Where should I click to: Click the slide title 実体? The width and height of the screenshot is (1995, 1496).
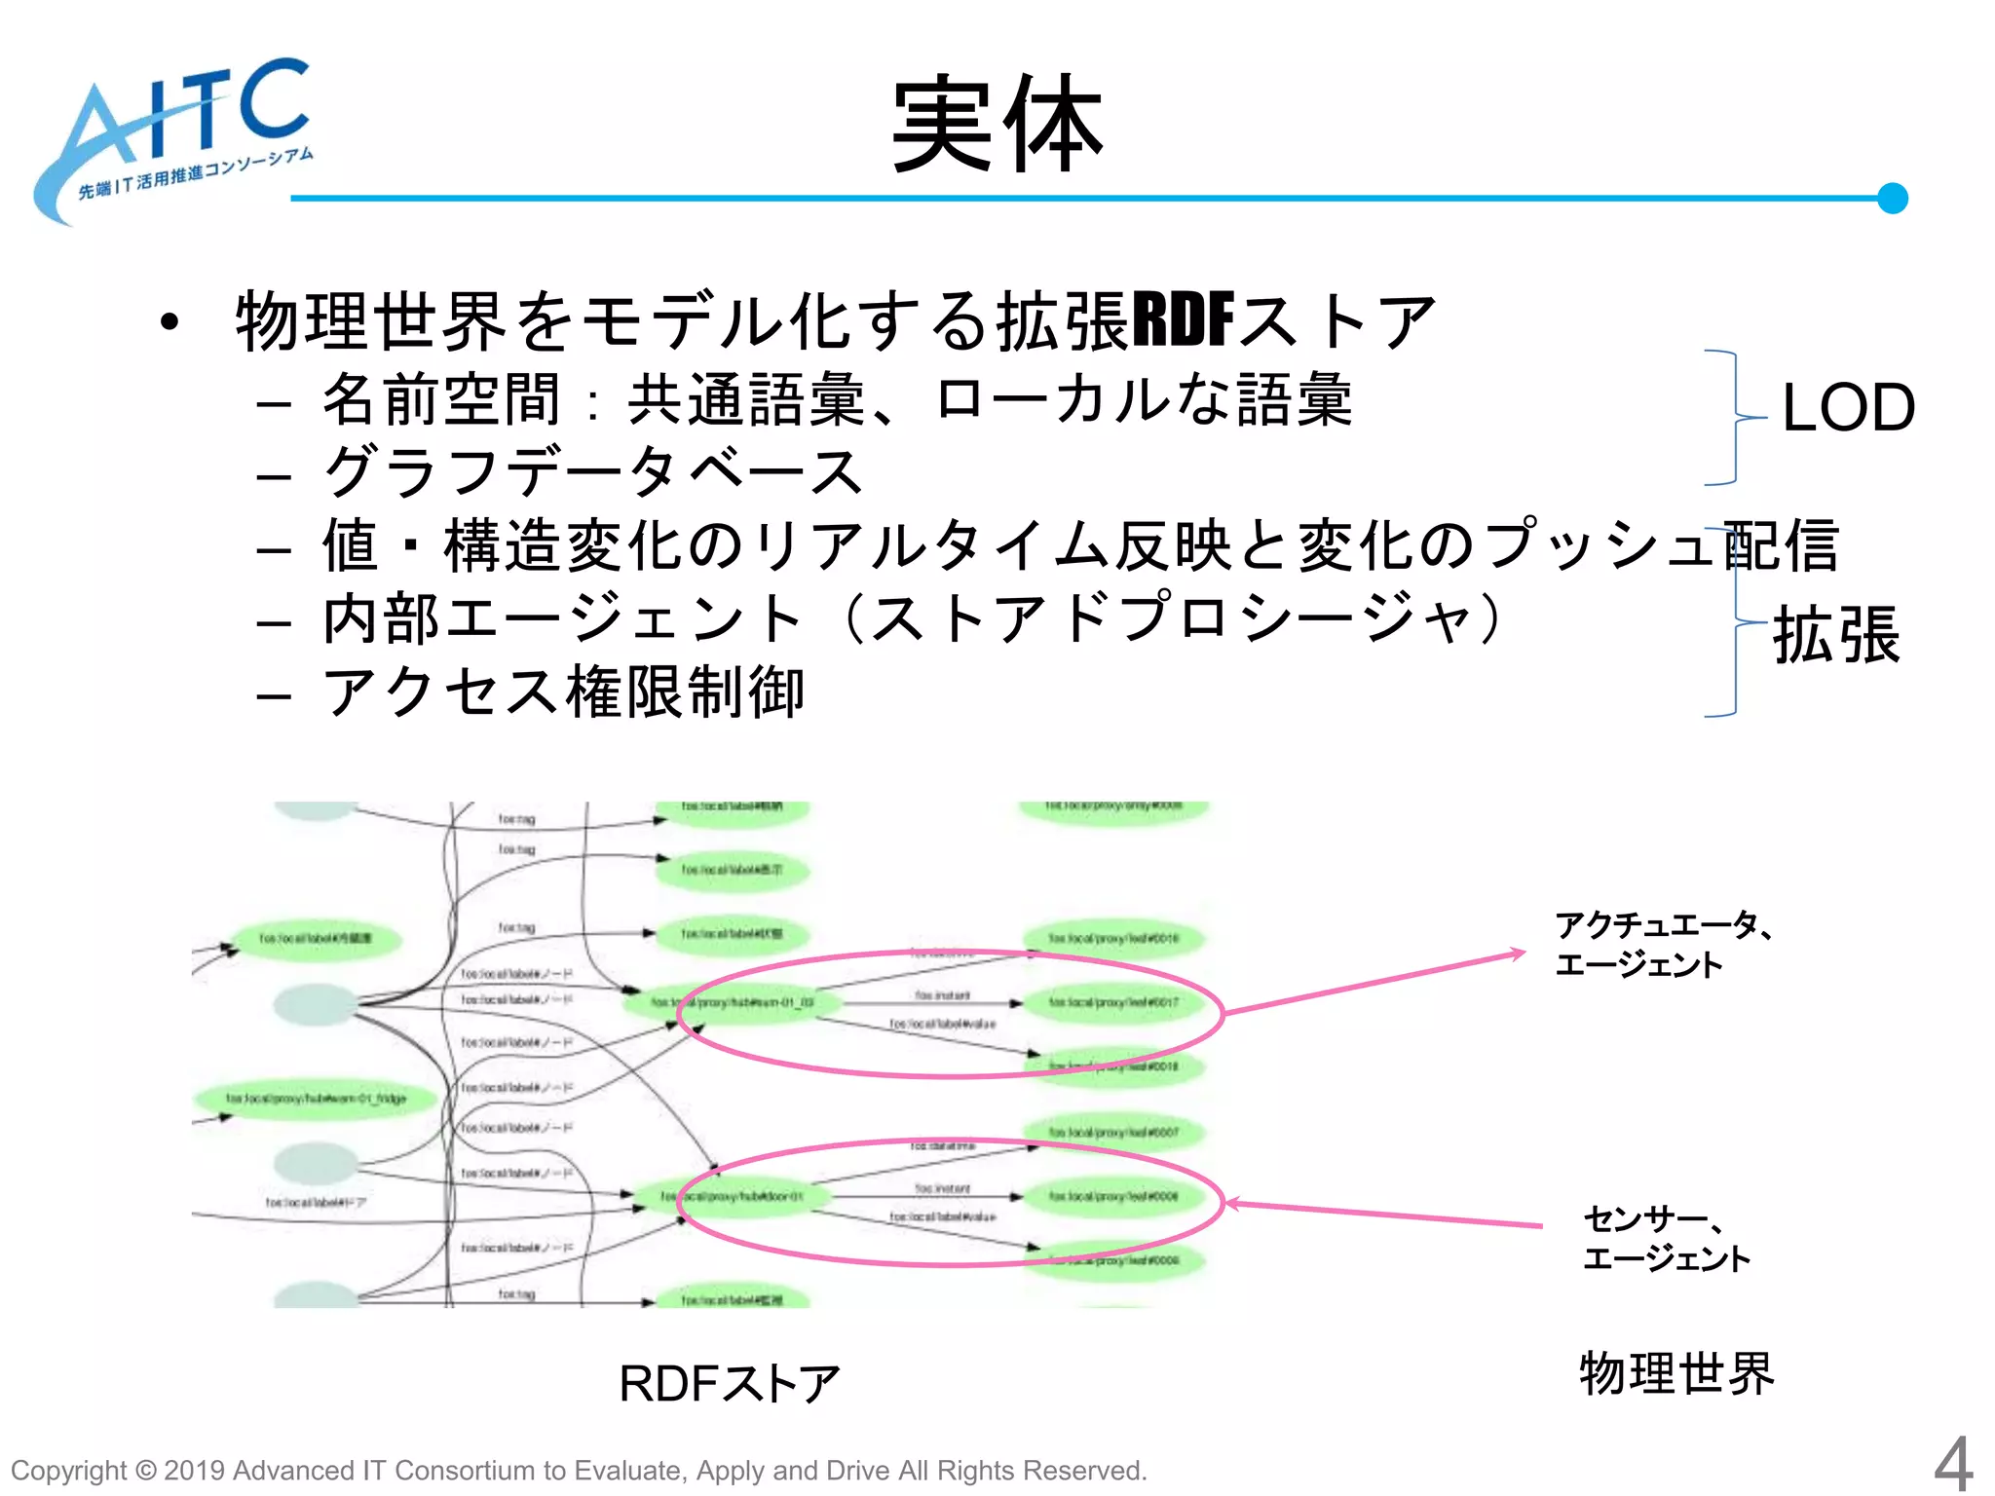[x=997, y=125]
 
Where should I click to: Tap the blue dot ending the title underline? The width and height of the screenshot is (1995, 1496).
[x=1892, y=198]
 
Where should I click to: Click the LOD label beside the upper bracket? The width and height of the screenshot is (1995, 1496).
[x=1847, y=407]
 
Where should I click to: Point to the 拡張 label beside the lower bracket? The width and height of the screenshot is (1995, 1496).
[x=1835, y=635]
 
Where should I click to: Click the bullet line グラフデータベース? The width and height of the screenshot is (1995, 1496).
[x=592, y=471]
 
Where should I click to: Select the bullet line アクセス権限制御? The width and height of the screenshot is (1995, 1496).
[x=563, y=692]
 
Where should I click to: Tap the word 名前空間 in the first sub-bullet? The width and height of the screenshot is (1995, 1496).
[x=442, y=400]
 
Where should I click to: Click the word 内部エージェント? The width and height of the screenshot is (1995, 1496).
[x=563, y=619]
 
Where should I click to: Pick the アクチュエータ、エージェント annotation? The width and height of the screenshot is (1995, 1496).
[x=1662, y=944]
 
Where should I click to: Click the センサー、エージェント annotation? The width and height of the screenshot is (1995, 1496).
[x=1666, y=1238]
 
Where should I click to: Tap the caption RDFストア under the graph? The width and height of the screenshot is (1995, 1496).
[x=729, y=1383]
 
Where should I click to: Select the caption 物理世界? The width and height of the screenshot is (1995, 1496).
[x=1676, y=1373]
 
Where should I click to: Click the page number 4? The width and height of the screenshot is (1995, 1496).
[x=1952, y=1464]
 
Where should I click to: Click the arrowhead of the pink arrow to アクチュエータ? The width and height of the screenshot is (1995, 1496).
[x=1519, y=954]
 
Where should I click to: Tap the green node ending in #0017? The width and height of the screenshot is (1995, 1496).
[x=1112, y=1002]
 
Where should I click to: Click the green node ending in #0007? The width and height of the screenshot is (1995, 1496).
[x=1112, y=1133]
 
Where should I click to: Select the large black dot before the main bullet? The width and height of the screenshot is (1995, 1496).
[x=170, y=322]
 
